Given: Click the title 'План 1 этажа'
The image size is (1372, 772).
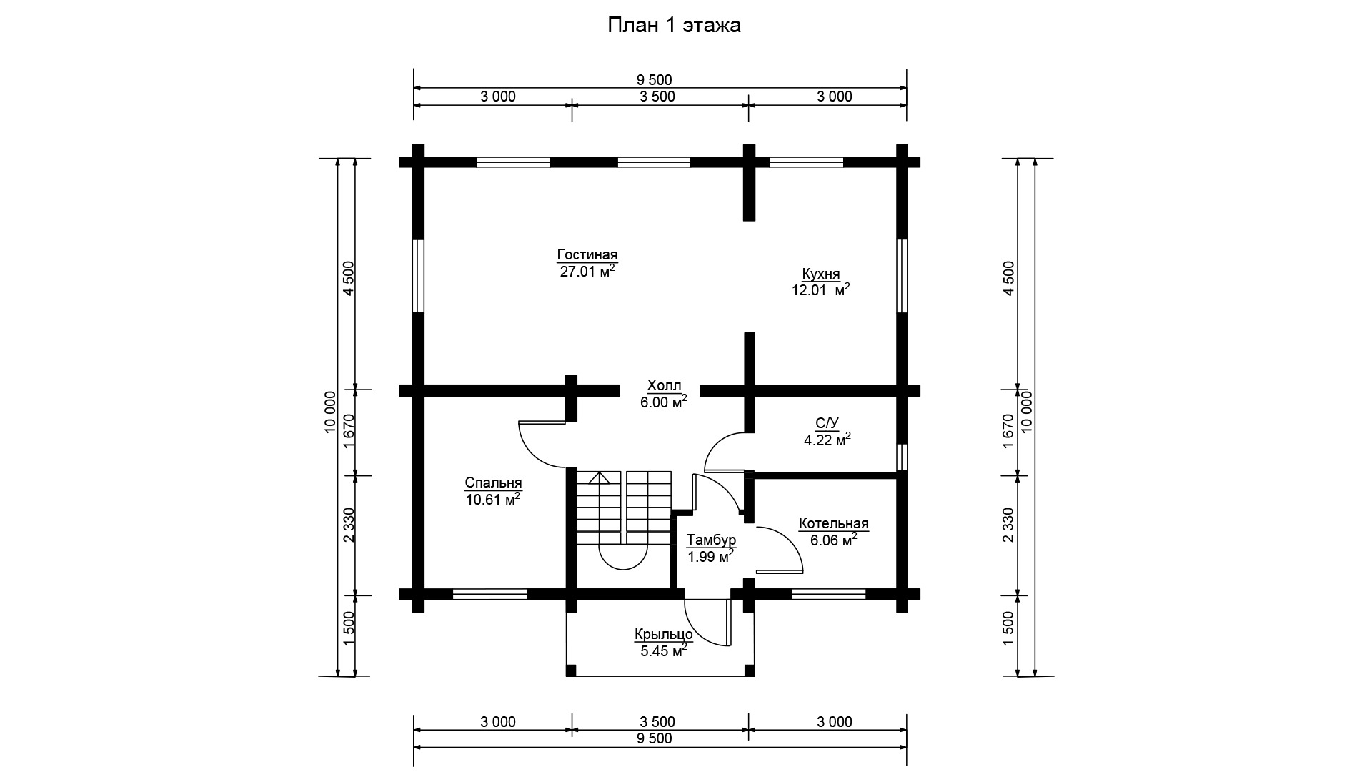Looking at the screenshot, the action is pyautogui.click(x=674, y=26).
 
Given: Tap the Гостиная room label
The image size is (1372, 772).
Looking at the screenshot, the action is pyautogui.click(x=587, y=255).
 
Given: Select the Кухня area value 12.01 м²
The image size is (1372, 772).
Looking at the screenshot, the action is pyautogui.click(x=820, y=289).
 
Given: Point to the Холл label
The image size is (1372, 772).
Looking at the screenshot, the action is pyautogui.click(x=664, y=385).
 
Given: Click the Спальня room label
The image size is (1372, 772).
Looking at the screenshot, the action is pyautogui.click(x=493, y=483).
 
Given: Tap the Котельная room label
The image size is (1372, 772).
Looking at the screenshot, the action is pyautogui.click(x=834, y=524).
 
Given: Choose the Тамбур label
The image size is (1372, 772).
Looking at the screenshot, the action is pyautogui.click(x=711, y=540).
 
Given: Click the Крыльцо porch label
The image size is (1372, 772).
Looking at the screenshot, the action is pyautogui.click(x=664, y=634).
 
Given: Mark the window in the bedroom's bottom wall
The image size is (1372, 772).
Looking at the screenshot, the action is pyautogui.click(x=490, y=594).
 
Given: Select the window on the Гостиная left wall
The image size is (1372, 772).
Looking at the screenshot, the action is pyautogui.click(x=419, y=276).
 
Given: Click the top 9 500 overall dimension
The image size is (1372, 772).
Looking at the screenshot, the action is pyautogui.click(x=660, y=80).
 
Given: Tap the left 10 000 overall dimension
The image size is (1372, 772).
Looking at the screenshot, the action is pyautogui.click(x=329, y=412).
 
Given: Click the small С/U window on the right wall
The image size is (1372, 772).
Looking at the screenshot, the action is pyautogui.click(x=902, y=457).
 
